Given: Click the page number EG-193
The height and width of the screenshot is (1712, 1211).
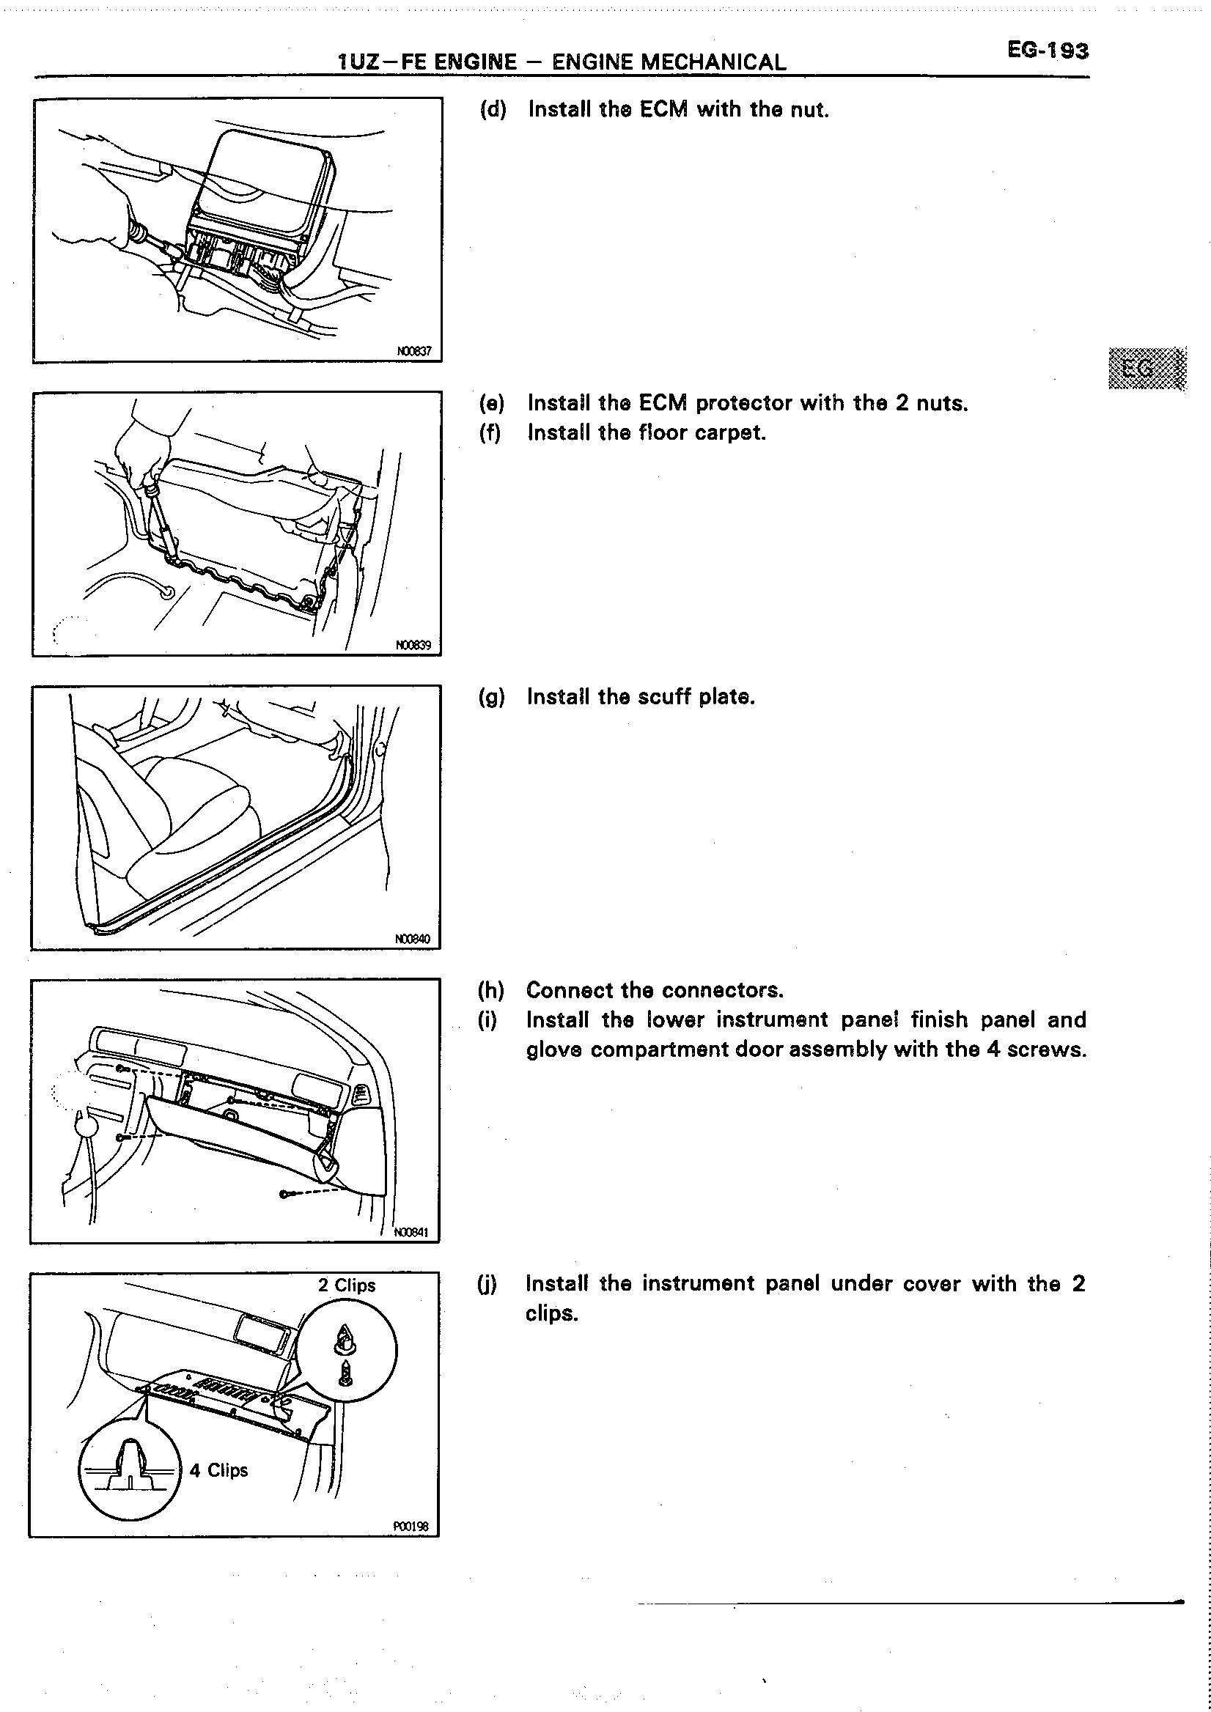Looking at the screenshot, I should pos(1048,50).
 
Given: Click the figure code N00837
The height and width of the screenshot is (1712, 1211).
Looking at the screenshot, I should pos(414,351).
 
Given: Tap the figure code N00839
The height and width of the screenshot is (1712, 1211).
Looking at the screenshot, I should pos(413,645).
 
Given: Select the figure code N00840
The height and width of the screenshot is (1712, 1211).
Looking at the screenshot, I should pos(413,939).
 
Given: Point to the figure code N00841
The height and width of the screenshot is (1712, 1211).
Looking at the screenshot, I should pos(411,1233).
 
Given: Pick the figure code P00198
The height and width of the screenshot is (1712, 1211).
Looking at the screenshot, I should pos(411,1527).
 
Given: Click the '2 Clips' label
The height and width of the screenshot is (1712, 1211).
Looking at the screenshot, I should pos(347,1285).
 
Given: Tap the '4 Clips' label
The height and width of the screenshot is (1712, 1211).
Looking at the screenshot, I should pos(218,1470).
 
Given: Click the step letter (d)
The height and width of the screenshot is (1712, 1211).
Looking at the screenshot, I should pos(493,110).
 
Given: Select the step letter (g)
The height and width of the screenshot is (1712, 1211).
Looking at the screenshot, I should pos(491,697).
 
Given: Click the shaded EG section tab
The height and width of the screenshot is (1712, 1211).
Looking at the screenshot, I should pos(1146,369).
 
